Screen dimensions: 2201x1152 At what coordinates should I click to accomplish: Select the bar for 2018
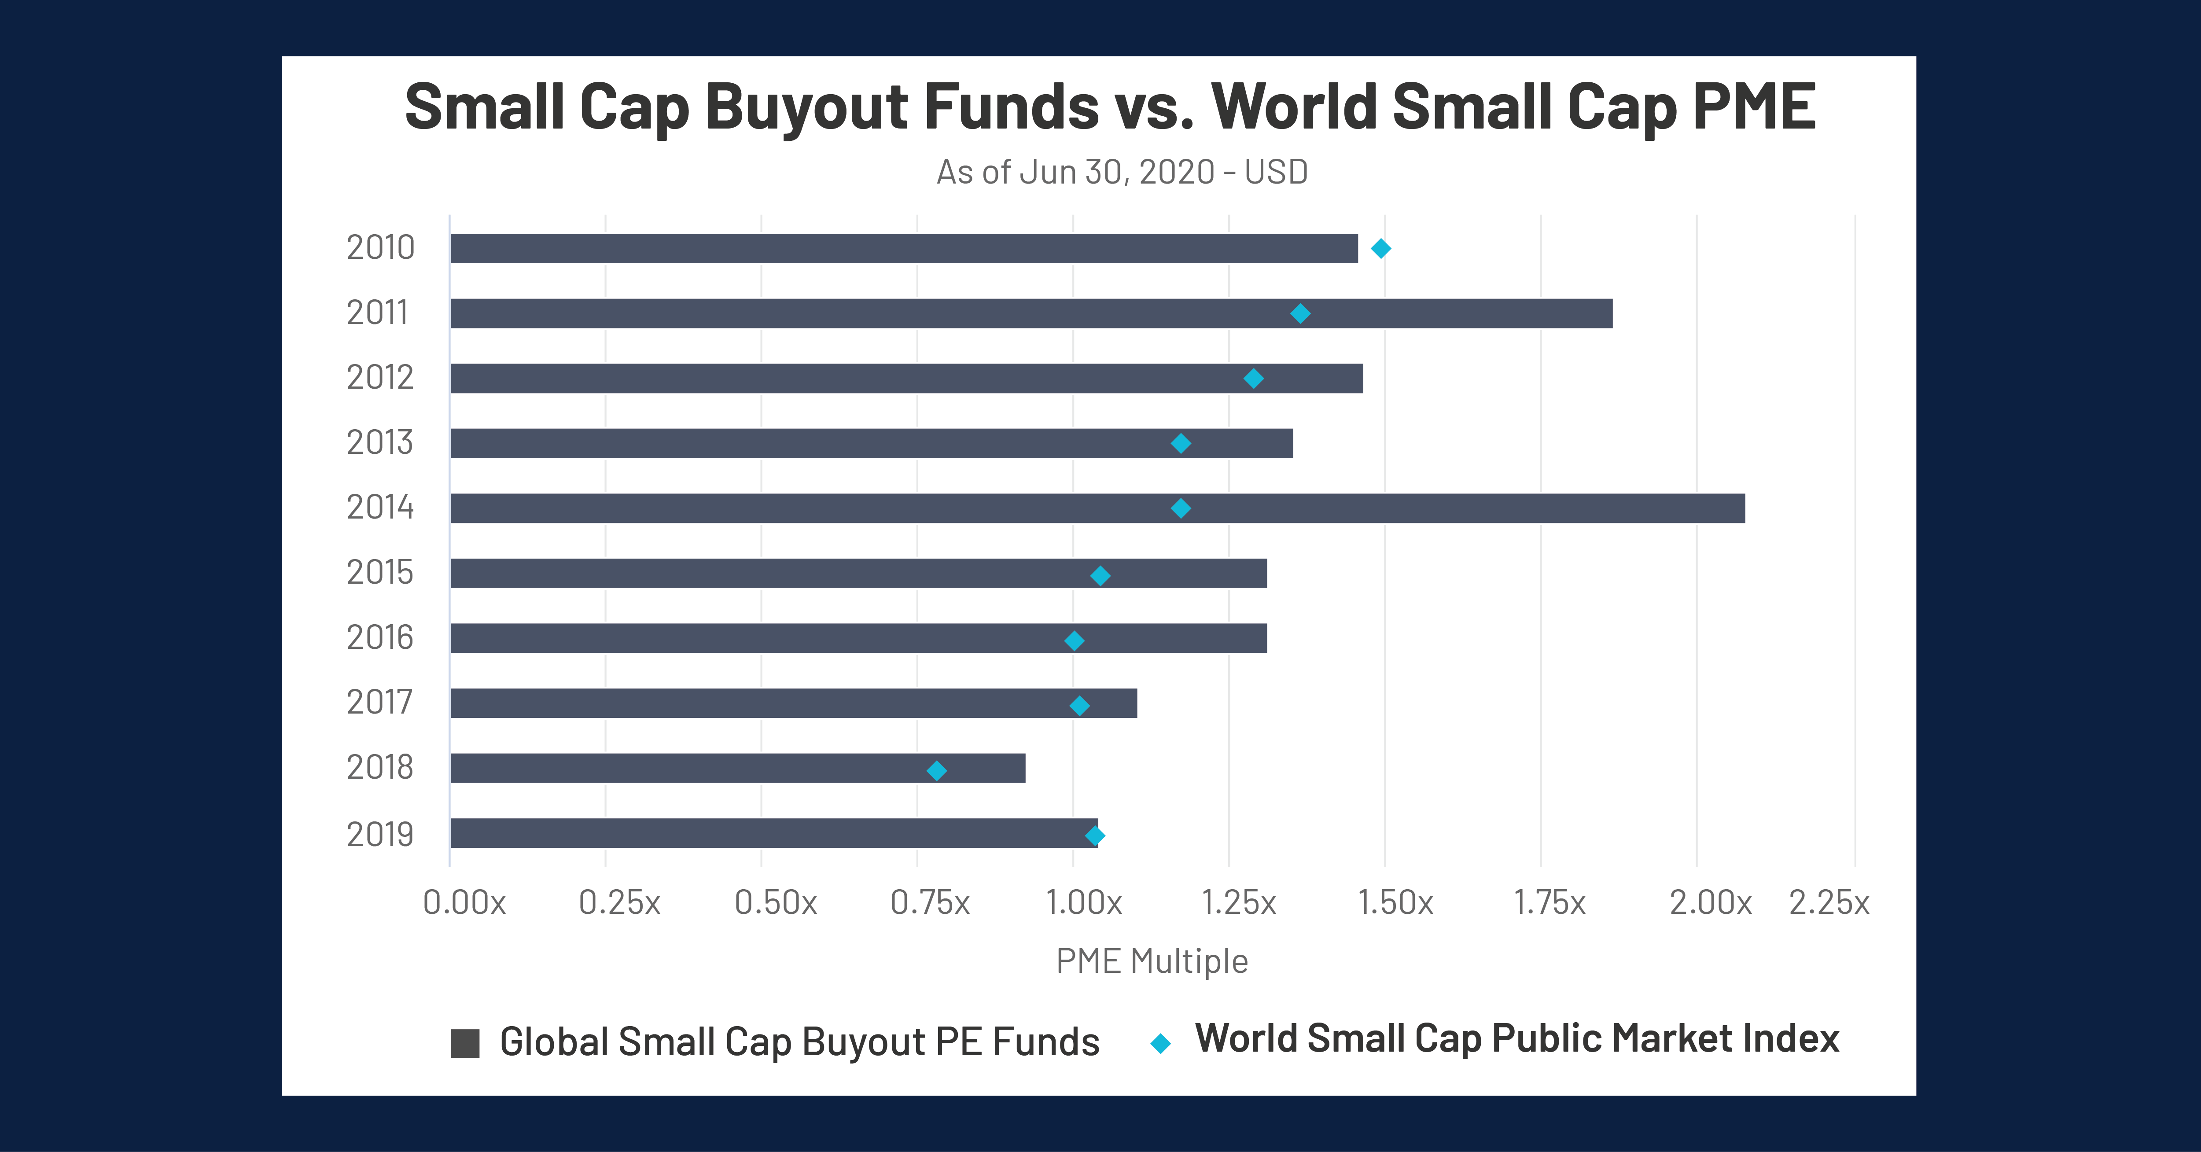(x=737, y=768)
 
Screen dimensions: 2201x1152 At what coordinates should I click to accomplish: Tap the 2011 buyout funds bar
(x=1031, y=313)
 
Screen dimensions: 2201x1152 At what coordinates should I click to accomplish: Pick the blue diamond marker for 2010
(x=1381, y=249)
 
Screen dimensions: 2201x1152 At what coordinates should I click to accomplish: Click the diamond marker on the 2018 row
(x=936, y=771)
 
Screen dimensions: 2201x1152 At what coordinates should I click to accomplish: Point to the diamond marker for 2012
(x=1253, y=379)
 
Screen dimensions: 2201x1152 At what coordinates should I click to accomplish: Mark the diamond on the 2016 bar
(x=1074, y=641)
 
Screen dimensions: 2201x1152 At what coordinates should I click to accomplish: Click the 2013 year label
(x=380, y=443)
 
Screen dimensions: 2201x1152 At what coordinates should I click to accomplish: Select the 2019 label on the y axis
(x=380, y=834)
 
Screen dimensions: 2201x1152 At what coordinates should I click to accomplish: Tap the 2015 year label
(x=380, y=573)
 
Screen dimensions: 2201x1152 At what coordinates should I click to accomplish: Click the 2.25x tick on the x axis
(x=1829, y=902)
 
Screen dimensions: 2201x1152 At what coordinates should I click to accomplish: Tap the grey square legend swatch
(x=465, y=1043)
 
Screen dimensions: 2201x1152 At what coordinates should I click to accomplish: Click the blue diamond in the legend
(x=1160, y=1043)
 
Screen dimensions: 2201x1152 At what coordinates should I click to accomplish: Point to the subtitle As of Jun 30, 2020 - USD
(x=1122, y=172)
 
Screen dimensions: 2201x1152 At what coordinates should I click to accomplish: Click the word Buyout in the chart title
(x=806, y=108)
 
